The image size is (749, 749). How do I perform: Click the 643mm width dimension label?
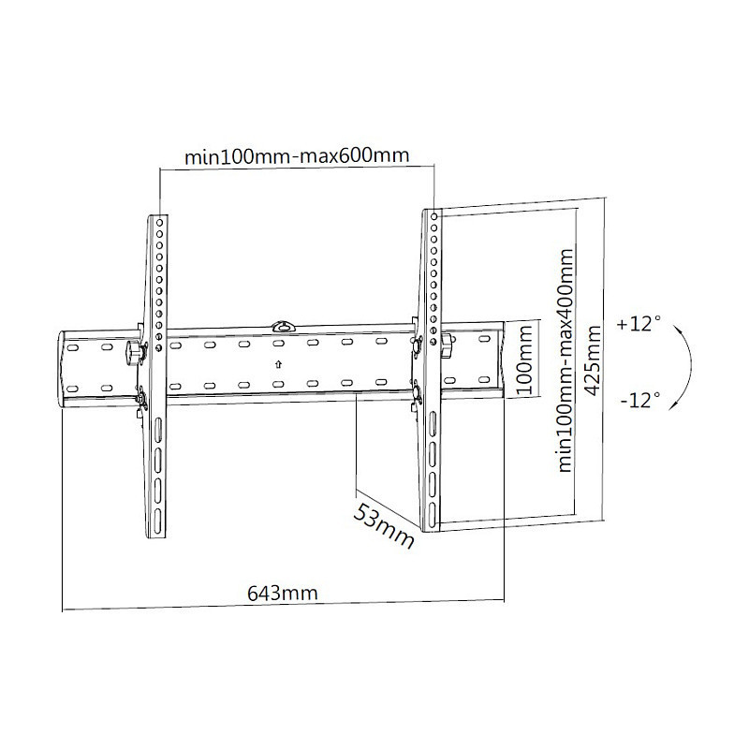[x=283, y=594]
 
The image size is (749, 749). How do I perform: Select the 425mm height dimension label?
[x=593, y=360]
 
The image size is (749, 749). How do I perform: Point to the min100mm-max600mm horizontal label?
[x=297, y=155]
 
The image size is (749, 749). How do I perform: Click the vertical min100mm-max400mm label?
[x=565, y=360]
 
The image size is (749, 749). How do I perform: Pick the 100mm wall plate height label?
[x=525, y=360]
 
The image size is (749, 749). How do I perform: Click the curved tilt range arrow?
[x=690, y=366]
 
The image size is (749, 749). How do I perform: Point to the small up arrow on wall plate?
[x=278, y=364]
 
